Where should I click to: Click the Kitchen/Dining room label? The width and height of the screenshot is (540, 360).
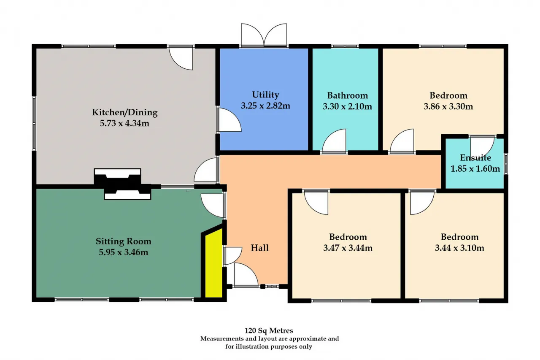click(124, 112)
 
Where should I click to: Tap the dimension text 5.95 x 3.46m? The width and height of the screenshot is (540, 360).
click(124, 252)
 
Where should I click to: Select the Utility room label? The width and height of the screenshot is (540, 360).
click(265, 95)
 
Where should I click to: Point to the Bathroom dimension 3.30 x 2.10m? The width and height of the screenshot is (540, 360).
click(347, 106)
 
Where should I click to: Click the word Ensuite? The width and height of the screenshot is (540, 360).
click(475, 158)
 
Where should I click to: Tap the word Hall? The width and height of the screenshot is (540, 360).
click(259, 248)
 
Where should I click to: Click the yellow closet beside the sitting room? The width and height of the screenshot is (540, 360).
click(213, 263)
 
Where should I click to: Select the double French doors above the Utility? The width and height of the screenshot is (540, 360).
click(264, 35)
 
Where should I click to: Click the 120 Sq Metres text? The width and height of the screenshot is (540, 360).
click(269, 330)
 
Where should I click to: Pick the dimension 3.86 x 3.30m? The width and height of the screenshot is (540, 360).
click(448, 106)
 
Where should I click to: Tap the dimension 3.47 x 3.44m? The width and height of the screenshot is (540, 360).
click(348, 248)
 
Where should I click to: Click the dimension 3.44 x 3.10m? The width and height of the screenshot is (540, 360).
click(459, 248)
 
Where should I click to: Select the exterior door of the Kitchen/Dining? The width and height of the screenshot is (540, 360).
click(181, 58)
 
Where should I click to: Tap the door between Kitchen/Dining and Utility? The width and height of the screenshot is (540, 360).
click(229, 120)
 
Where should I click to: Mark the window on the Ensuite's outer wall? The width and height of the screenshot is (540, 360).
click(506, 164)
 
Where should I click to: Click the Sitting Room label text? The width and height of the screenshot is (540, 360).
click(124, 241)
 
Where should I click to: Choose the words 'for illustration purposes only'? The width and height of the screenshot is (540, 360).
click(269, 346)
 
